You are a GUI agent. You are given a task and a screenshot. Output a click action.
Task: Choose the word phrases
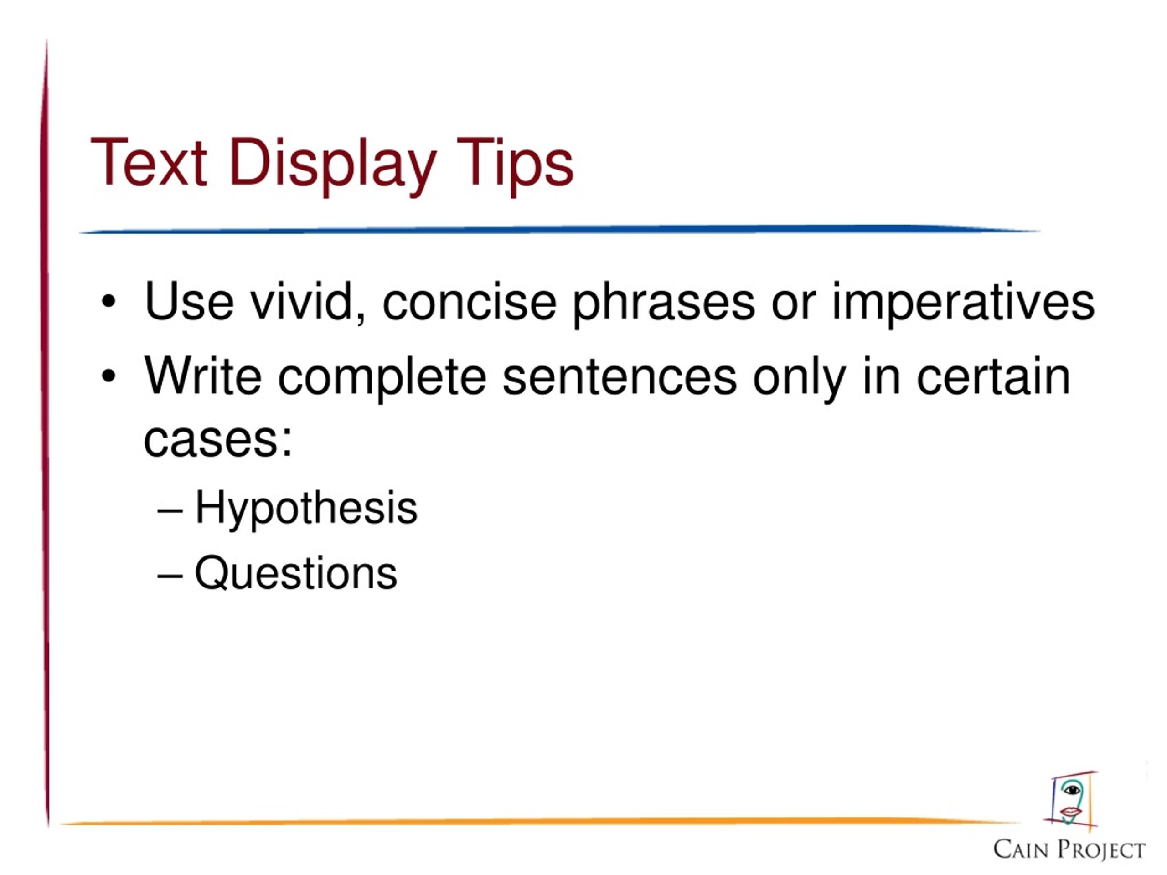coord(664,305)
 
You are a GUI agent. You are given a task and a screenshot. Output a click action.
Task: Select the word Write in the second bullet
coord(202,376)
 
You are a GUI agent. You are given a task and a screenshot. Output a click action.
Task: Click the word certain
coord(993,376)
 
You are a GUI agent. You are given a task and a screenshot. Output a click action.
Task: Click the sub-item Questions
coord(296,573)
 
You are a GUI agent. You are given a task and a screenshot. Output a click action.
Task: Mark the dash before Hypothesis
coord(170,510)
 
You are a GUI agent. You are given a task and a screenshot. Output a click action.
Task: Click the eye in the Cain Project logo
coord(1072,790)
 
